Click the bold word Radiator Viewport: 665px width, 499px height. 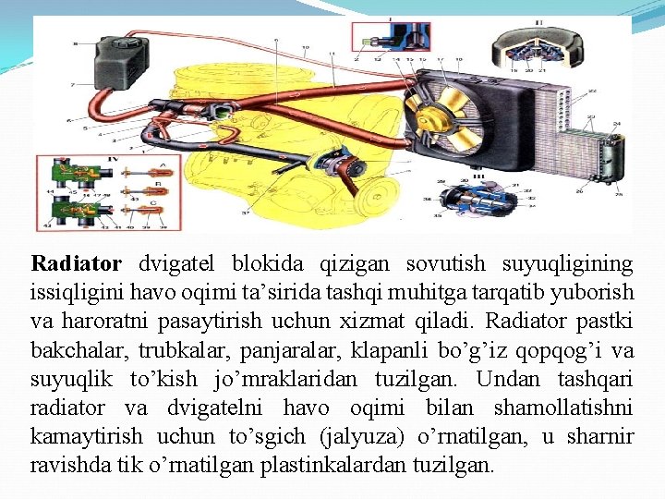[76, 264]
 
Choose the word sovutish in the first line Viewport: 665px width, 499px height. [453, 264]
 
